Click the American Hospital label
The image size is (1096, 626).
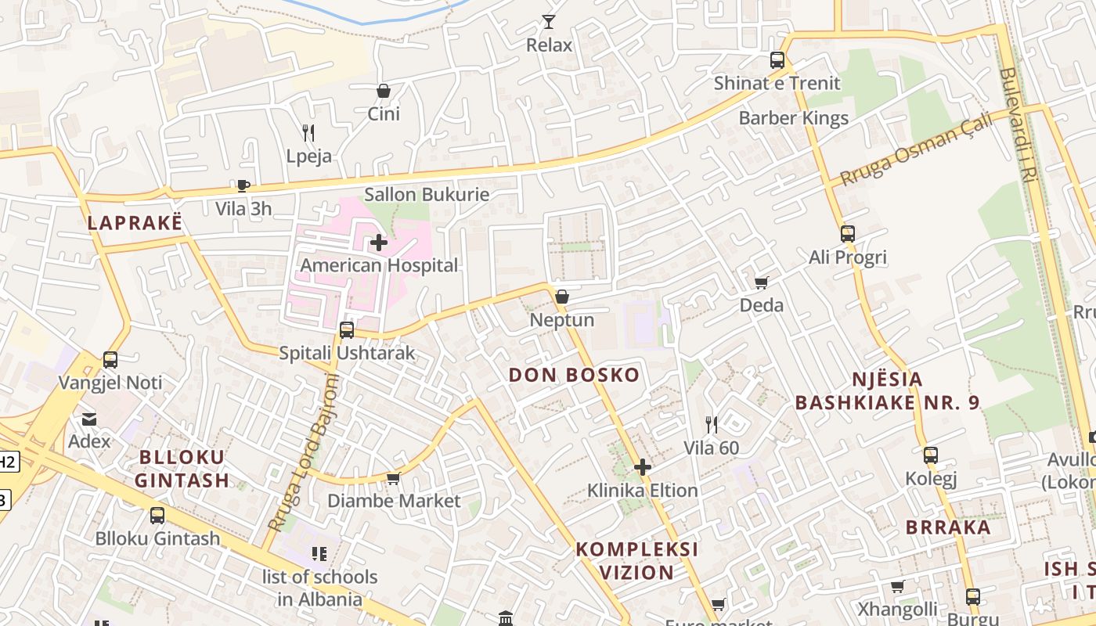click(x=379, y=265)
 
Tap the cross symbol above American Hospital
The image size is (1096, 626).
click(x=378, y=243)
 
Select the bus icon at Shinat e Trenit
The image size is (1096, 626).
click(x=777, y=60)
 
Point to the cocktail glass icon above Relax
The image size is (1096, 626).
click(x=549, y=22)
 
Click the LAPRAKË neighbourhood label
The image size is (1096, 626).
click(x=135, y=222)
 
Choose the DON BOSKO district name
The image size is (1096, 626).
click(x=574, y=375)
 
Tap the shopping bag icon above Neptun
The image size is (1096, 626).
click(x=561, y=297)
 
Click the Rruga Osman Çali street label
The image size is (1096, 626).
click(x=915, y=149)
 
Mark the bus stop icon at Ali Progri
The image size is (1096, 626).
click(x=847, y=234)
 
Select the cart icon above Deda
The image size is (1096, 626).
click(x=761, y=282)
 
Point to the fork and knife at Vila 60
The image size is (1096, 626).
click(x=711, y=425)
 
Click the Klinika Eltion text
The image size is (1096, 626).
click(x=643, y=491)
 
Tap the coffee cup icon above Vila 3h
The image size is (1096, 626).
click(x=243, y=186)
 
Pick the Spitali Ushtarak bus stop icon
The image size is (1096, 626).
click(x=347, y=330)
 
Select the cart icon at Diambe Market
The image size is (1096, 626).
click(x=393, y=478)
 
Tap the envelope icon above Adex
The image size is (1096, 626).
click(x=89, y=419)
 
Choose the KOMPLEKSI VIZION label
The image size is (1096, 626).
click(x=636, y=560)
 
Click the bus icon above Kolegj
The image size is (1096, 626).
click(x=931, y=455)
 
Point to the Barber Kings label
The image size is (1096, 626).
click(x=794, y=118)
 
